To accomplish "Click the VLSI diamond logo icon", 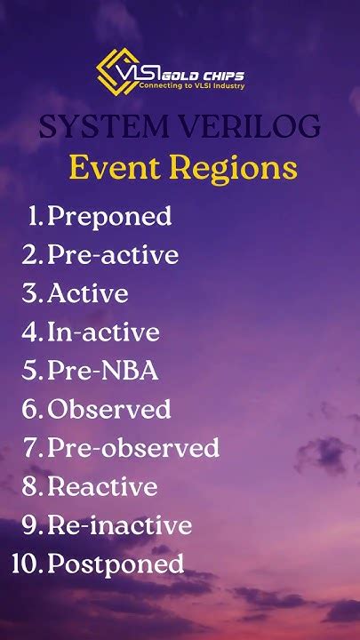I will tap(118, 70).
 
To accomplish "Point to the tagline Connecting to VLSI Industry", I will tap(192, 86).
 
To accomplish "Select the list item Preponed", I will tap(109, 216).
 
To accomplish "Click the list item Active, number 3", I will tap(88, 293).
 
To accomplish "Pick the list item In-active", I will tap(103, 332).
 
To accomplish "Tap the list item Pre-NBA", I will tap(102, 371).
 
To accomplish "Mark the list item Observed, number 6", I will tap(109, 410).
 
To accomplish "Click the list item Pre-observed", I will tap(133, 448).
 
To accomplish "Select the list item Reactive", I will tap(102, 487).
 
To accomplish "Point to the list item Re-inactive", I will tap(119, 525).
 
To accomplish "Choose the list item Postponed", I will tap(116, 564).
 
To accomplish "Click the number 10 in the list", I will tap(24, 564).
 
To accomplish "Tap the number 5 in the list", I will tap(32, 371).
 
